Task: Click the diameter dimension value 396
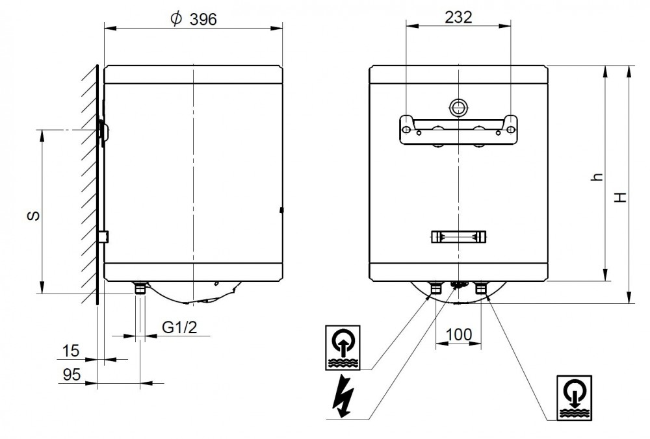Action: coord(203,19)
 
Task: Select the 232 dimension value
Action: coord(458,17)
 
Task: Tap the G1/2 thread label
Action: coord(179,327)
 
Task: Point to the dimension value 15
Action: coord(71,351)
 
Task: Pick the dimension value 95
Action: coord(71,375)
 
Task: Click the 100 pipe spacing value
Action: coord(459,334)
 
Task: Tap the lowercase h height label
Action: coord(597,177)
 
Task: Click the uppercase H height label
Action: coord(621,197)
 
